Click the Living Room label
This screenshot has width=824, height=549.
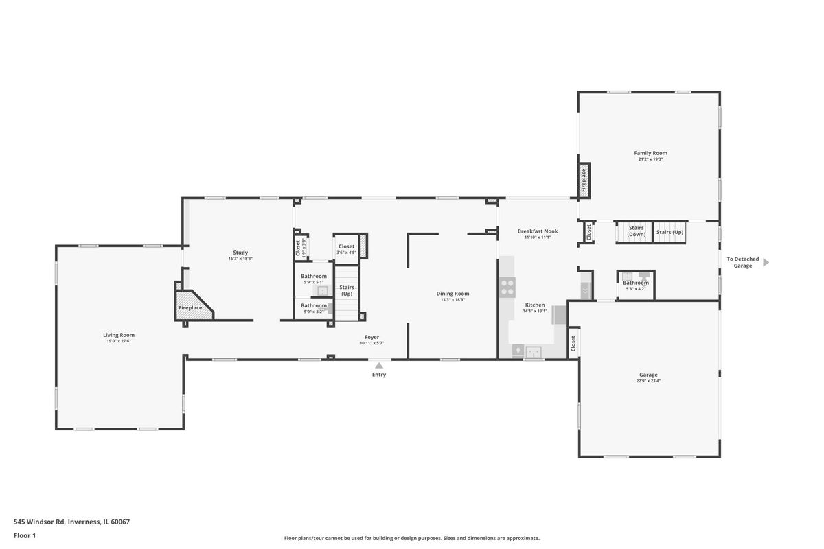[119, 335]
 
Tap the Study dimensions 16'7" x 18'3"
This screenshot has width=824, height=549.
[240, 259]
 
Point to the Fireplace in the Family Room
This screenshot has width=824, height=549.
[584, 180]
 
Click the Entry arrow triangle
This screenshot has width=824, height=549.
[379, 366]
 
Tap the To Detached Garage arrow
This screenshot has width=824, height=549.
[766, 263]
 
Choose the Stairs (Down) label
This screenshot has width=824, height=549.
[636, 231]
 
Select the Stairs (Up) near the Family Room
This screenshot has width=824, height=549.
[669, 232]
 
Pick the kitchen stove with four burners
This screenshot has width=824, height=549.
[507, 288]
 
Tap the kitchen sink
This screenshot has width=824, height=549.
[534, 352]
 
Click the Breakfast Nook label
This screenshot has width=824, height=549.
[538, 231]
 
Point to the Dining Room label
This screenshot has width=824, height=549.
[453, 294]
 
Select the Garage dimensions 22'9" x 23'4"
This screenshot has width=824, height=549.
[648, 381]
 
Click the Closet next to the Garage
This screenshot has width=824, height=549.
[573, 343]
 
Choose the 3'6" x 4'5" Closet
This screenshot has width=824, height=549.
[347, 249]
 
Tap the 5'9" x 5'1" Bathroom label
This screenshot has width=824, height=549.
[314, 276]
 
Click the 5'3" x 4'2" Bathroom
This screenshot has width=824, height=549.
[636, 285]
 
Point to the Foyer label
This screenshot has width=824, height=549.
[372, 337]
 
